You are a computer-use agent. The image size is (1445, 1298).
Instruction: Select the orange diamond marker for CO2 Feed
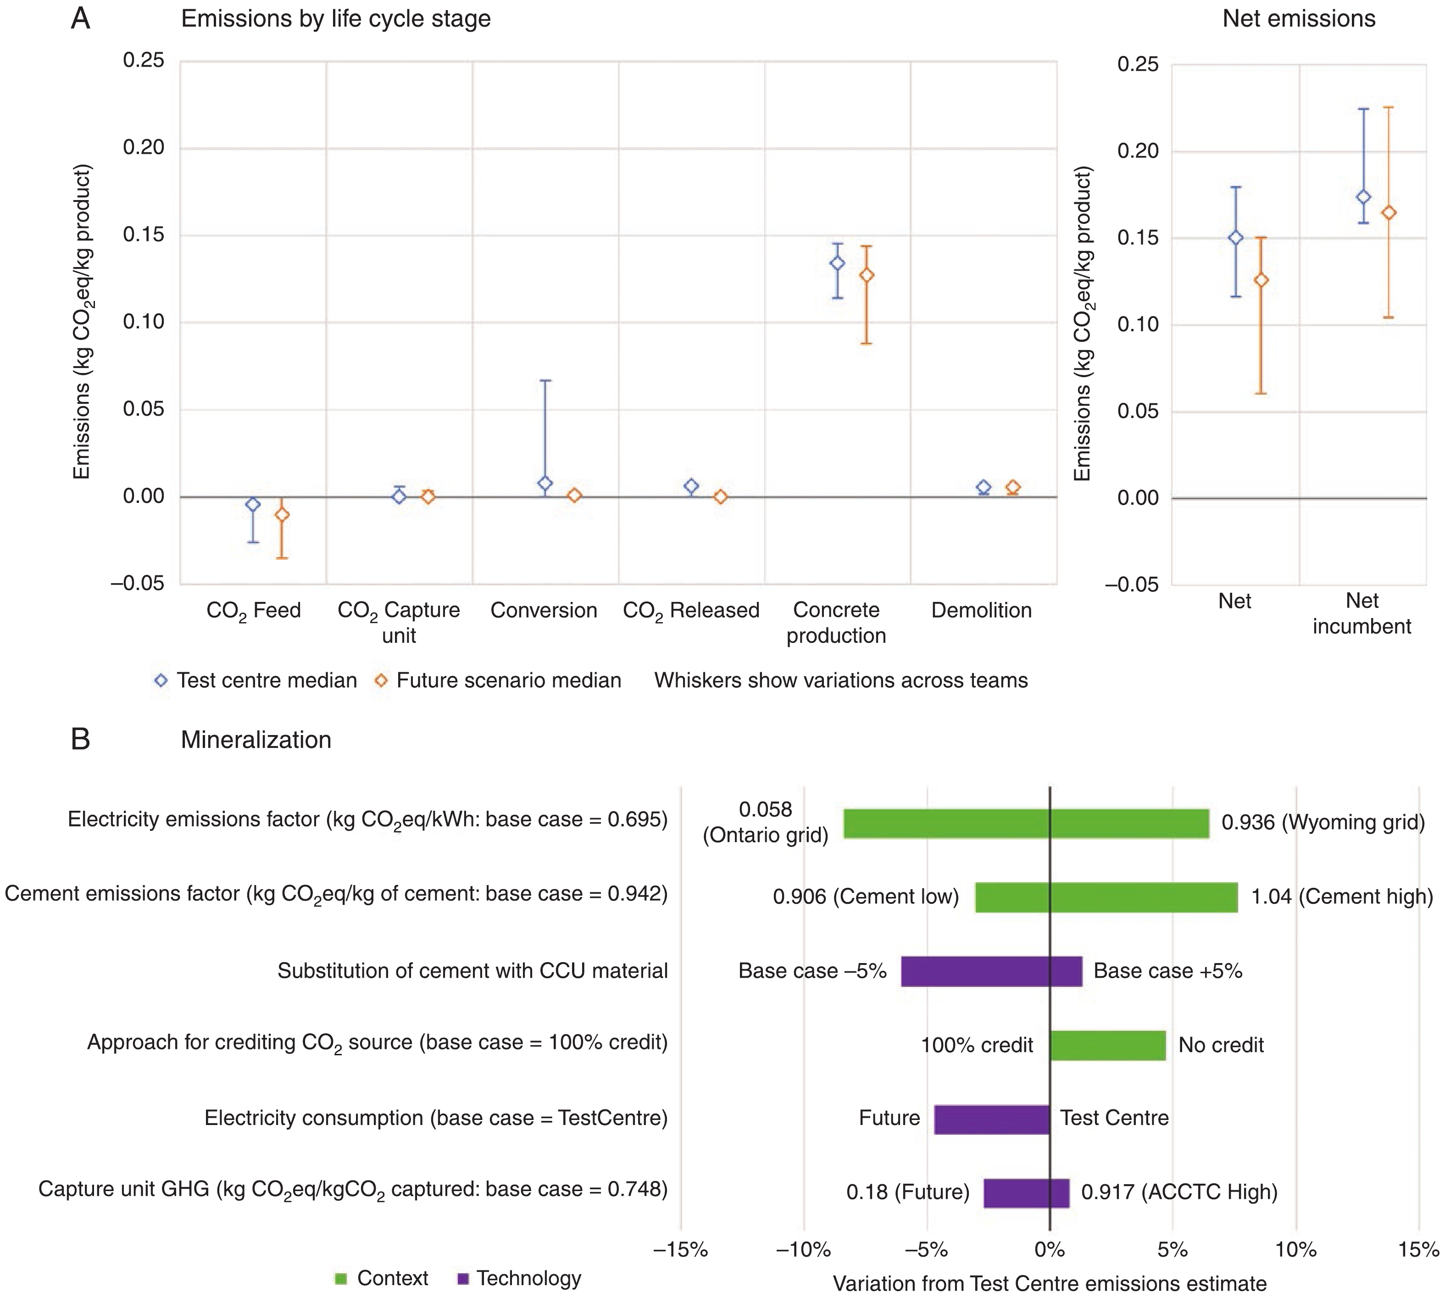tap(282, 514)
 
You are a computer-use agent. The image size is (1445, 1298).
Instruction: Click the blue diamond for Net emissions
tap(1236, 238)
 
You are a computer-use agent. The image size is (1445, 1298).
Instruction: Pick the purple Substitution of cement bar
tap(991, 971)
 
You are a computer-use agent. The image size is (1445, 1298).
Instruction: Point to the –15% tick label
tap(681, 1250)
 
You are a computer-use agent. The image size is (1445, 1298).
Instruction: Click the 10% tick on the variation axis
tap(1295, 1250)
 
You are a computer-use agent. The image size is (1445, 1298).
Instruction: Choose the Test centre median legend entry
tap(256, 680)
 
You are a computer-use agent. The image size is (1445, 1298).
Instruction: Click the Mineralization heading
tap(256, 740)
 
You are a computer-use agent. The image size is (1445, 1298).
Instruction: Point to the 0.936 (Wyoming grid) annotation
tap(1323, 822)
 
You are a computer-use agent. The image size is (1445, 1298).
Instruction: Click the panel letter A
tap(81, 18)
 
